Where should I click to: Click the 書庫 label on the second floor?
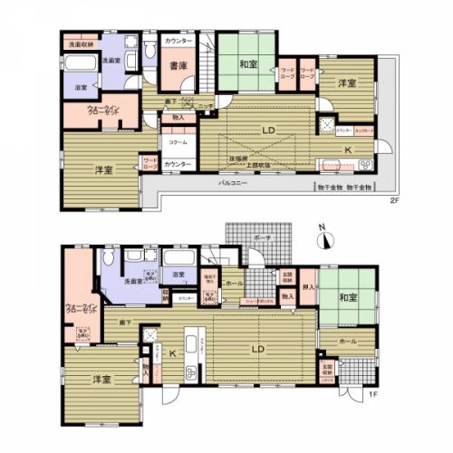[177, 64]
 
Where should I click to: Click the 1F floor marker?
[371, 394]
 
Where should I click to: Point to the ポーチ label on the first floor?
[263, 237]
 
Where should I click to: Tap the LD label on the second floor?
[269, 130]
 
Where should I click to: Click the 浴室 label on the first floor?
[177, 275]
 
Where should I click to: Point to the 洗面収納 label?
[77, 43]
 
